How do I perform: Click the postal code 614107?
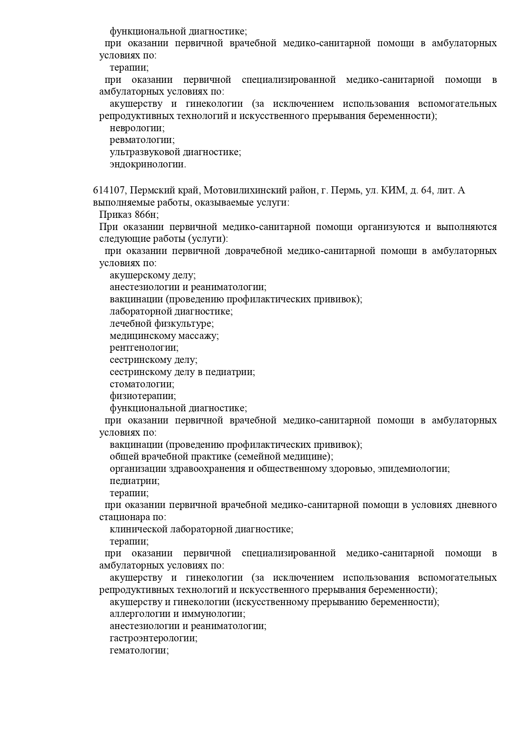109,191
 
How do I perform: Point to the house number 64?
426,191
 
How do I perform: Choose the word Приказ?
116,215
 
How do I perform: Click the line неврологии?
137,128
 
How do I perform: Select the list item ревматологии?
142,140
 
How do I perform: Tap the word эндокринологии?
147,164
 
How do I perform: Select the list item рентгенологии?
144,348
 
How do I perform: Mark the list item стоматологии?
142,384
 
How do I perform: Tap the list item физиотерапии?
143,396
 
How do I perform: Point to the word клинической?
138,529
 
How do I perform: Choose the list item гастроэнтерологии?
154,638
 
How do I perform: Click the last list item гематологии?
139,650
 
